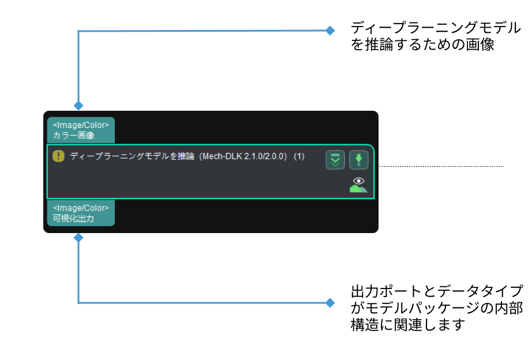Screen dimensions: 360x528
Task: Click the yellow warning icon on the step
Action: tap(58, 156)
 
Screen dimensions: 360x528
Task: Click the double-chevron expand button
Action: tap(335, 160)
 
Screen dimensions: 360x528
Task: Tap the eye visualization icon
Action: tap(358, 184)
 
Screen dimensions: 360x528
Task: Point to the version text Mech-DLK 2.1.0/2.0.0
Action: tap(243, 156)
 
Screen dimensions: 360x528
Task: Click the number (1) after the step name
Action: tap(299, 156)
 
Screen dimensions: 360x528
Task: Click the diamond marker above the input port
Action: tap(78, 106)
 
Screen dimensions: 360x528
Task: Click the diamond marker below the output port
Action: tap(78, 237)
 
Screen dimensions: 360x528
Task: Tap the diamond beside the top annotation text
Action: tap(330, 31)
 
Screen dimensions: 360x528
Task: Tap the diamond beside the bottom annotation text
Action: tap(330, 302)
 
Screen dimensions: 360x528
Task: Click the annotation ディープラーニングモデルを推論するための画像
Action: tap(436, 36)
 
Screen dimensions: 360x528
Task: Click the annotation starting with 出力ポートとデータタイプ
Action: tap(436, 307)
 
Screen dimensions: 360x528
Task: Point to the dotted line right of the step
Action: tap(441, 167)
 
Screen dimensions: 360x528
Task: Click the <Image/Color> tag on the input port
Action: tap(81, 125)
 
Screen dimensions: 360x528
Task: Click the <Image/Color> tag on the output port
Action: tap(81, 208)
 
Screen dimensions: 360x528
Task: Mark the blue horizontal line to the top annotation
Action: tap(202, 31)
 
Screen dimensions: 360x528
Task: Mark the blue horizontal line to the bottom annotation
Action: tap(202, 302)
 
